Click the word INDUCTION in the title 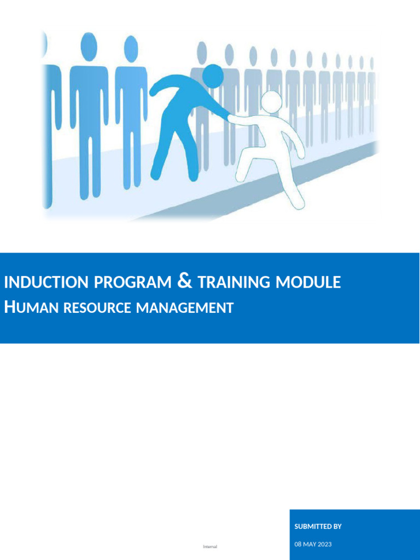[46, 283]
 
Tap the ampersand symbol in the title [185, 282]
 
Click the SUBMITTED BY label [318, 527]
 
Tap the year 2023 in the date [324, 544]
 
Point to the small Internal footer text [210, 546]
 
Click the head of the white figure [271, 101]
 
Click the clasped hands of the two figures [230, 116]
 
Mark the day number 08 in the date [298, 544]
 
